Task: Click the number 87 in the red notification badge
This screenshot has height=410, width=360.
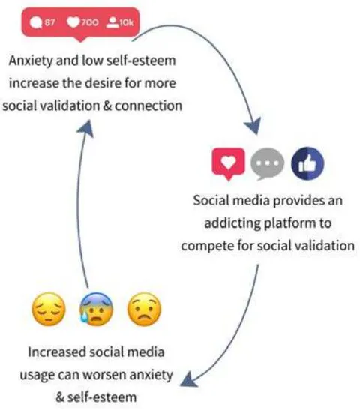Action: point(49,22)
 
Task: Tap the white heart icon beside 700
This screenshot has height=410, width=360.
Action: point(73,22)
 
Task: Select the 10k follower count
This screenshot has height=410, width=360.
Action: point(127,22)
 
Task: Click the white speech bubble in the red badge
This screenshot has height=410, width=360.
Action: point(36,22)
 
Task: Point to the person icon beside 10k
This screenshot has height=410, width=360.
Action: point(112,22)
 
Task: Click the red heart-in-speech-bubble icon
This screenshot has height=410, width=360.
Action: point(229,163)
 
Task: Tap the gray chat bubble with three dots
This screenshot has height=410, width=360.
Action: point(267,163)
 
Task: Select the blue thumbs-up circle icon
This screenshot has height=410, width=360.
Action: point(307,163)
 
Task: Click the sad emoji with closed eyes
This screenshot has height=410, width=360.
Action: point(49,309)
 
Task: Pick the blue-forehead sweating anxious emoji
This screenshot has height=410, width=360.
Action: point(96,309)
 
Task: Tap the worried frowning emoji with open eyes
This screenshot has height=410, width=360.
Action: point(144,309)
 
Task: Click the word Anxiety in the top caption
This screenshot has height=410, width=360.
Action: point(31,61)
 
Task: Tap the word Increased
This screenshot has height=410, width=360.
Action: point(57,352)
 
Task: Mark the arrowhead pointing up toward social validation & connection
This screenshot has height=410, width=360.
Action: point(85,128)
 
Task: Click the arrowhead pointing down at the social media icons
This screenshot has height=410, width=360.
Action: point(253,126)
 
